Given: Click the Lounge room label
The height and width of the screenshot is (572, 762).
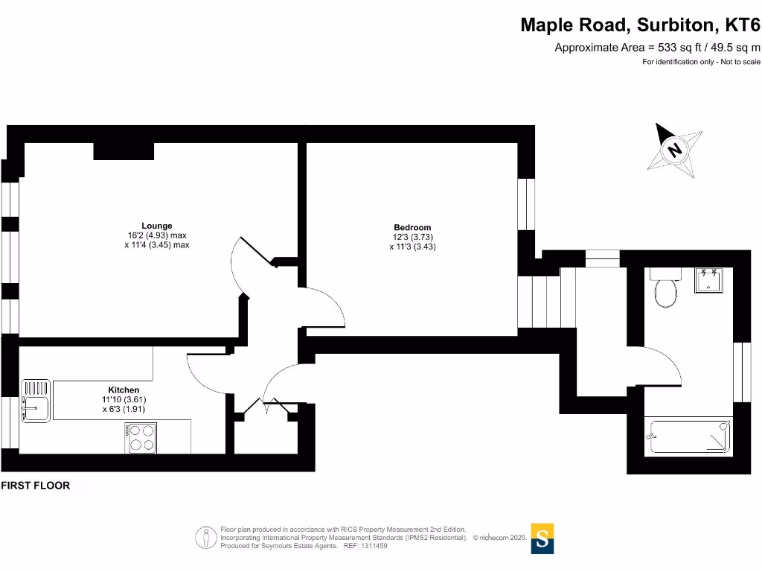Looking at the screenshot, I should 157,226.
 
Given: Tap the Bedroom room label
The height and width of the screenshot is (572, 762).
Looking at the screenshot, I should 412,227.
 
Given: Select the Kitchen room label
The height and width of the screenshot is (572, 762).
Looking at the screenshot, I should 124,390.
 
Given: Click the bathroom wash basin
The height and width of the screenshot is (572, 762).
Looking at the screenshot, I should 708,280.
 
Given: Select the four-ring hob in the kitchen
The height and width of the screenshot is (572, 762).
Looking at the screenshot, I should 141,438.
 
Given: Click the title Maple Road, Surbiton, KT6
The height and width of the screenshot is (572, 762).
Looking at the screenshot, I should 640,25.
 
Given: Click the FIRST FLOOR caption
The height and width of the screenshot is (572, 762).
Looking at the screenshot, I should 36,486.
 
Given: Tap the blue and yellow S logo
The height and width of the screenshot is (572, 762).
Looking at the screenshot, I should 542,538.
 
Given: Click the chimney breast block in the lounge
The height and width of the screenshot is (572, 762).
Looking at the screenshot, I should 124,150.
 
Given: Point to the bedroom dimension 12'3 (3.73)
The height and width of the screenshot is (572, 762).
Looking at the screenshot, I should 412,237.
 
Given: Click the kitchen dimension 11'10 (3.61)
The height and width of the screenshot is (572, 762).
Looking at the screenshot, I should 124,399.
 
